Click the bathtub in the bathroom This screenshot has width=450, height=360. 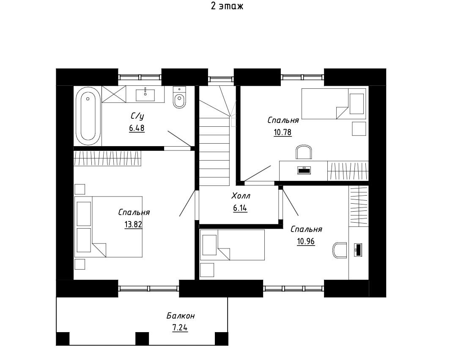(x=88, y=116)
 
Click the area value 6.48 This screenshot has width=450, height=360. (x=137, y=128)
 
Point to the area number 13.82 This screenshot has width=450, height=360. (x=133, y=224)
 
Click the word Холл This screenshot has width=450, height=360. (x=241, y=196)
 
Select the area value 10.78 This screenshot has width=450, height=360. (x=283, y=132)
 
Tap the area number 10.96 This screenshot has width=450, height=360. (x=306, y=241)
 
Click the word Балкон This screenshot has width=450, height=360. (x=181, y=316)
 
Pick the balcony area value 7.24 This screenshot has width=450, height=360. (x=180, y=327)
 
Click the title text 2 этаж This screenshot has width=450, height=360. (x=227, y=6)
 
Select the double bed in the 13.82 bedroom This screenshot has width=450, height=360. (x=108, y=227)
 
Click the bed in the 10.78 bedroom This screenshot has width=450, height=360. (x=333, y=104)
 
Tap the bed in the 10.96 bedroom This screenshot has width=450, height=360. (x=232, y=245)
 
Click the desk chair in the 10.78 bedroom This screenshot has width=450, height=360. (x=304, y=152)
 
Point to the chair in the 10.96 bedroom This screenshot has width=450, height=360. (x=340, y=250)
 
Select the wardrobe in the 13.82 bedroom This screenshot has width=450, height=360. (x=107, y=158)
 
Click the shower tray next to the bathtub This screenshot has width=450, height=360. (x=114, y=94)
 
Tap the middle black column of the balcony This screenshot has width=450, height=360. (x=142, y=338)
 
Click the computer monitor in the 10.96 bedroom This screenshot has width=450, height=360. (x=358, y=250)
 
